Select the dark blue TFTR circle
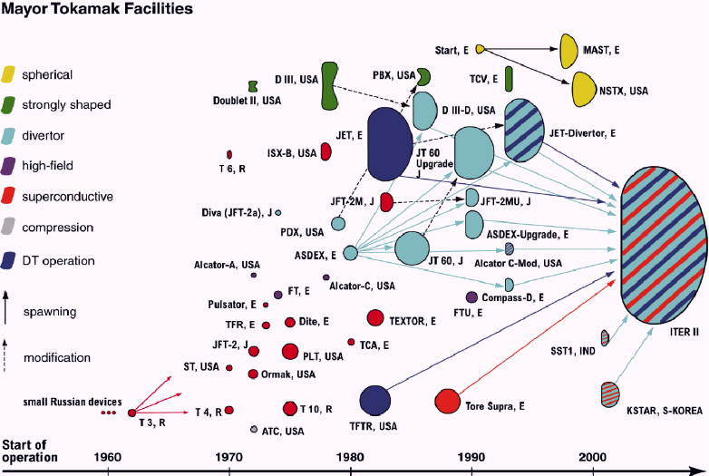click(x=374, y=400)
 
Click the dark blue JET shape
click(x=390, y=142)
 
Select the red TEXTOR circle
click(x=374, y=317)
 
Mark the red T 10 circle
click(x=289, y=408)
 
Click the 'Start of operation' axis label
click(x=31, y=450)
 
